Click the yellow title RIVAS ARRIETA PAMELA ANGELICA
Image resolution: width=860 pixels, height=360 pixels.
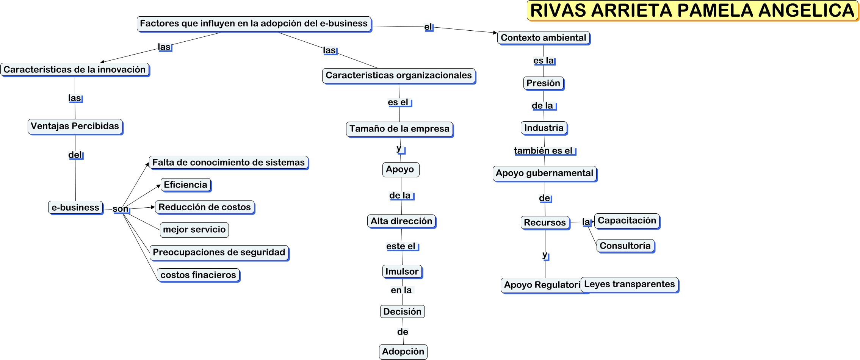tap(692, 11)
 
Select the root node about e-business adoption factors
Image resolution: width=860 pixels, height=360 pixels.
tap(254, 23)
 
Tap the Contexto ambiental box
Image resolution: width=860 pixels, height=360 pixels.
tap(543, 38)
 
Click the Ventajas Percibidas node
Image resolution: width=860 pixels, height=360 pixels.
tap(75, 126)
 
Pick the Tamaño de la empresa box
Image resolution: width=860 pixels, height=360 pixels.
tap(399, 129)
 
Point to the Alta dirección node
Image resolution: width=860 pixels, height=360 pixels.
tap(401, 221)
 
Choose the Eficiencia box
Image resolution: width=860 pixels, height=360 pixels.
tap(185, 185)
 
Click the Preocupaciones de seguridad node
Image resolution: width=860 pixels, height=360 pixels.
tap(219, 252)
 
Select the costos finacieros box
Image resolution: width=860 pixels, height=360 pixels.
tap(198, 275)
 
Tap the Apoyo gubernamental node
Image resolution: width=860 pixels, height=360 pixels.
tap(544, 173)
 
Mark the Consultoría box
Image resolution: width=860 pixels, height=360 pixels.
tap(625, 246)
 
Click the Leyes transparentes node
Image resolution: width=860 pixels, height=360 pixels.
tap(629, 284)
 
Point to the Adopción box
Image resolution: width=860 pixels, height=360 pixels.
tap(403, 352)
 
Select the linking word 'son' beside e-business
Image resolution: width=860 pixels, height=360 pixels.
tap(121, 209)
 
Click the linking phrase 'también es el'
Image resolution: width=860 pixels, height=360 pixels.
tap(543, 151)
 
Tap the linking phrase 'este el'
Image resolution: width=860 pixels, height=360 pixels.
tap(401, 246)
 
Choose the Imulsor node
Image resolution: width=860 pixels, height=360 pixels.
tap(402, 272)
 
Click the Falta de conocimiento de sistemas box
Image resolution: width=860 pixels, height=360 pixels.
tap(228, 163)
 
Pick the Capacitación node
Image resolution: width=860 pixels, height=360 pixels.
tap(627, 221)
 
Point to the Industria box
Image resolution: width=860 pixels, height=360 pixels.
tap(544, 128)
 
